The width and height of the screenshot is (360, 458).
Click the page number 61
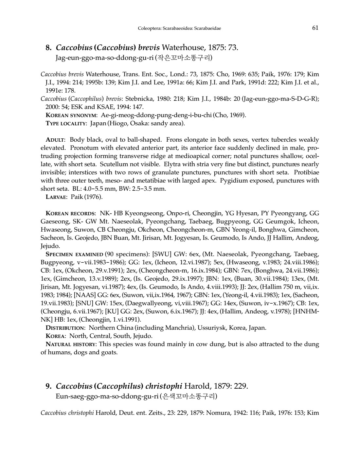(x=315, y=28)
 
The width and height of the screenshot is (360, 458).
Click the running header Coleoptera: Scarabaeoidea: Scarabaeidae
(x=179, y=28)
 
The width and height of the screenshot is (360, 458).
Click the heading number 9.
(x=48, y=386)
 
